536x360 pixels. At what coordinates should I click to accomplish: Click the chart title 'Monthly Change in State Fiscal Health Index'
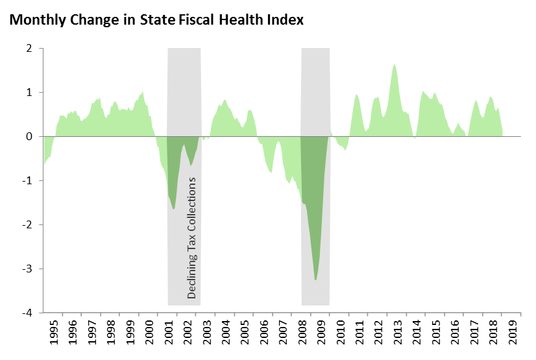click(x=156, y=19)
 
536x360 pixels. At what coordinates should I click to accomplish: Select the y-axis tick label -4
click(x=29, y=313)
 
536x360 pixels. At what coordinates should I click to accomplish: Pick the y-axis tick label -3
click(x=29, y=269)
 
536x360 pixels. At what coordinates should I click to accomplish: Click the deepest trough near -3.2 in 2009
click(x=315, y=280)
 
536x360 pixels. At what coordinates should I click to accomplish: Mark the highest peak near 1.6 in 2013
click(x=394, y=65)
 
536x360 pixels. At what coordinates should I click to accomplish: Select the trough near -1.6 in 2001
click(x=174, y=208)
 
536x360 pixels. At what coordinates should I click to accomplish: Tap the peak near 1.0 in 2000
click(x=143, y=92)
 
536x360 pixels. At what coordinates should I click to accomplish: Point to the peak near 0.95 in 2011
click(x=356, y=95)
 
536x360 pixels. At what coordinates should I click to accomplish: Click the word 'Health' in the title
click(x=247, y=19)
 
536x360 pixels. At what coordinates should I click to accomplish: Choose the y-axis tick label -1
click(x=29, y=180)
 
